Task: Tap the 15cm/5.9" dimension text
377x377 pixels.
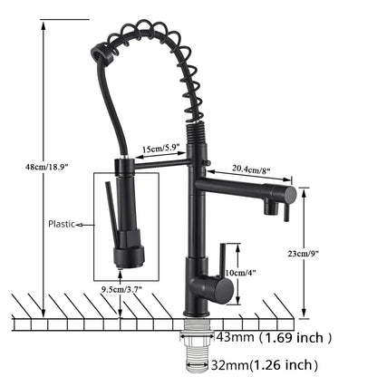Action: (x=161, y=149)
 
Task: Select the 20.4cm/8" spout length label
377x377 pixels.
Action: (x=251, y=169)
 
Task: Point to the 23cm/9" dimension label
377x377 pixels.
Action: (x=303, y=254)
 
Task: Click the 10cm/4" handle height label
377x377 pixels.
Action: (x=240, y=273)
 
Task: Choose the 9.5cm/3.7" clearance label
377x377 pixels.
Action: (x=121, y=289)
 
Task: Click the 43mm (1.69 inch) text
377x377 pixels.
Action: (x=274, y=337)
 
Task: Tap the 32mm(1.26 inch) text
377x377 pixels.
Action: (x=265, y=365)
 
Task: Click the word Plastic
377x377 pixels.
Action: (x=62, y=224)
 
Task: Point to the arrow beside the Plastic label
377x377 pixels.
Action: (x=85, y=225)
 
